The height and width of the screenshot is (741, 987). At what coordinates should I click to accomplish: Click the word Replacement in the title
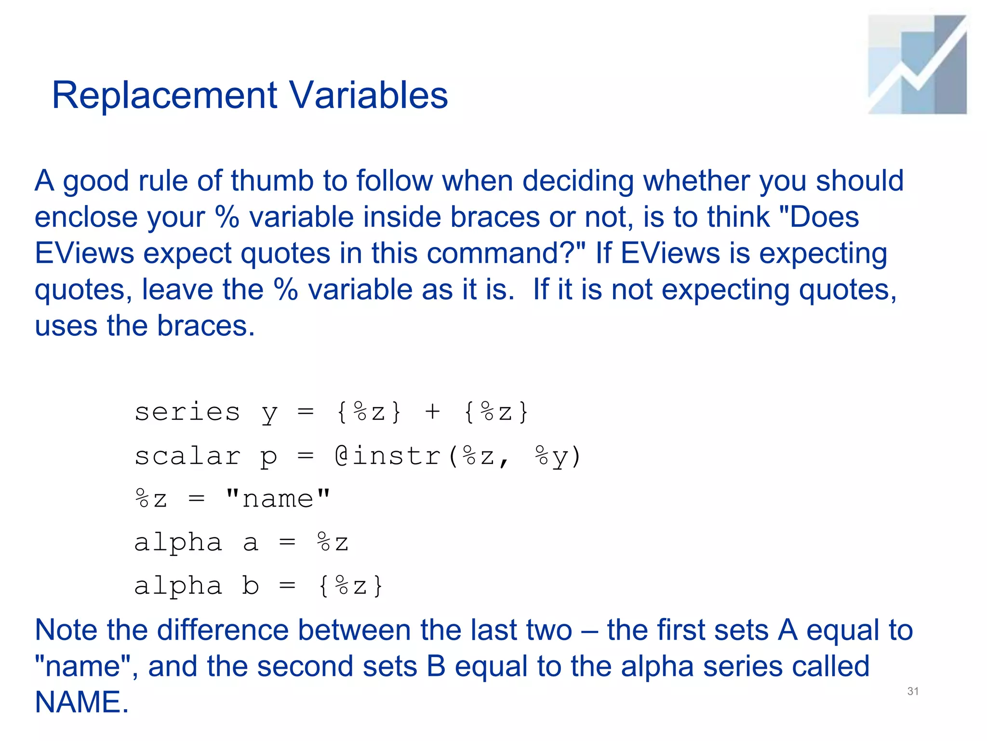pos(164,96)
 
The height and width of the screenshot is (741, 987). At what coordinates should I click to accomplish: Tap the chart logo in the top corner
pos(917,65)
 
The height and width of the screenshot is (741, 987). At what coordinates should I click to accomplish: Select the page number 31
pos(913,691)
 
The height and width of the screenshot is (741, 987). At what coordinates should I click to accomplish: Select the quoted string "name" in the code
pos(278,499)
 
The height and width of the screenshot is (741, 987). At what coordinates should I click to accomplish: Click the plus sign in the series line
pos(432,412)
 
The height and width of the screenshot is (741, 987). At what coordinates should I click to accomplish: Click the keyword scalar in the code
pos(187,456)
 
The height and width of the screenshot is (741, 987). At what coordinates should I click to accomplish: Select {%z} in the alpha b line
pos(351,586)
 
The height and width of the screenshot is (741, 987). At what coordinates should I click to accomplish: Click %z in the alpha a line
pos(333,543)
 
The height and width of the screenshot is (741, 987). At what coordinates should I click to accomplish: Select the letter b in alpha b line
pos(251,586)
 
